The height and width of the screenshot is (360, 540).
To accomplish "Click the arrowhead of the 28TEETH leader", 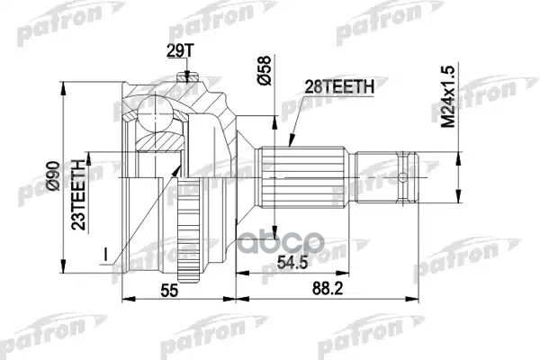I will pyautogui.click(x=290, y=145).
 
